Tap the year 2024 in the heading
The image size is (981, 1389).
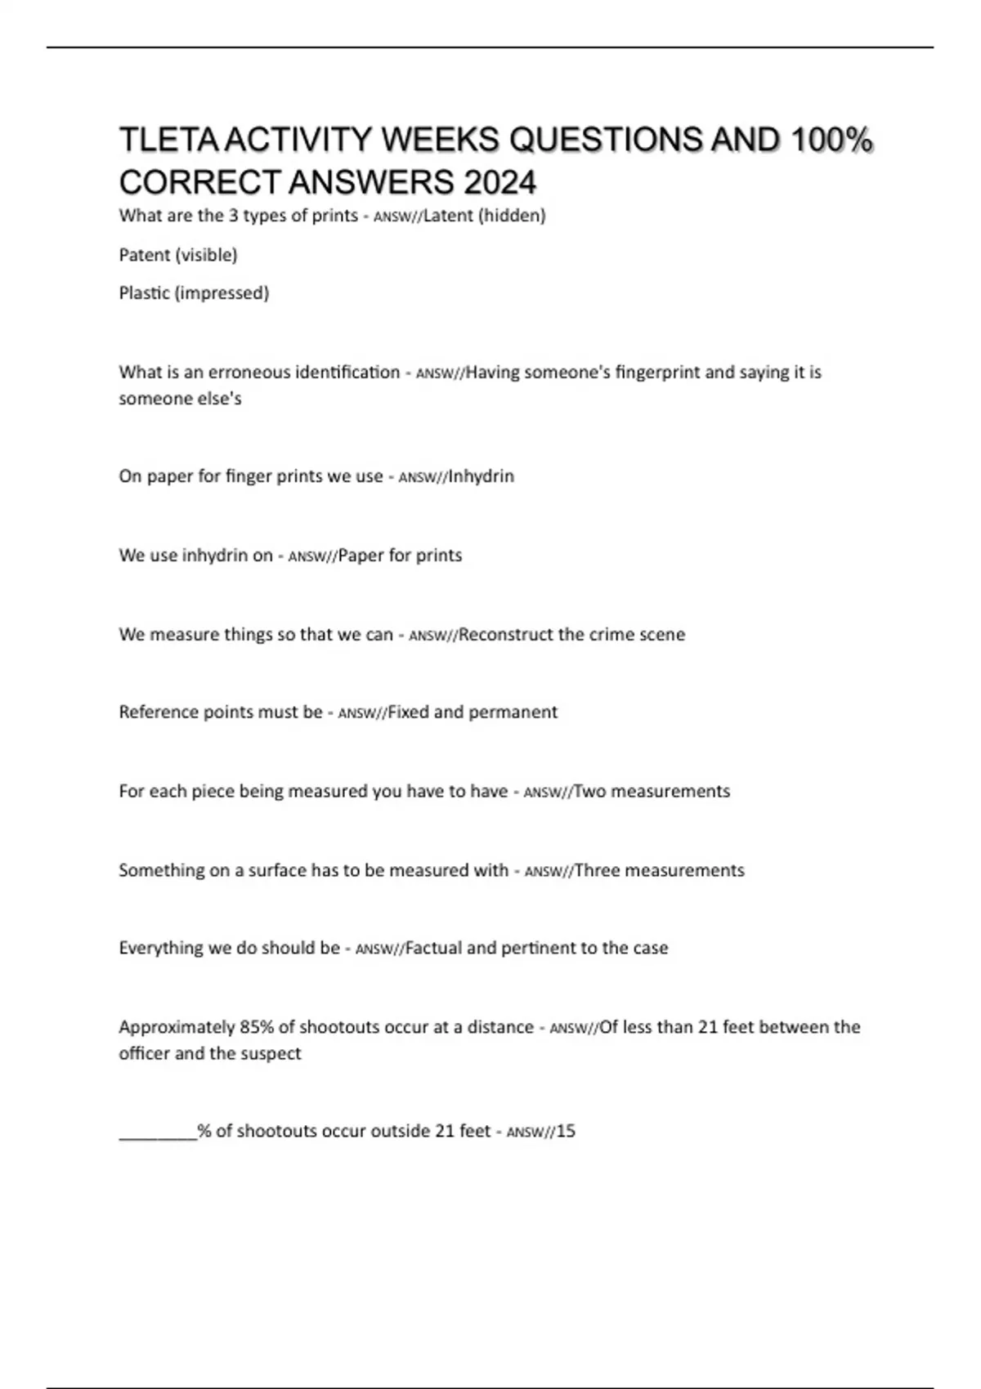[500, 182]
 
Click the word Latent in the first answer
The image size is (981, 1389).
[447, 216]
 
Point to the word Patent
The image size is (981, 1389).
[145, 255]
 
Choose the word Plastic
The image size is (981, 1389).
[144, 293]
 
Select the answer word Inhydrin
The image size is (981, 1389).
[482, 476]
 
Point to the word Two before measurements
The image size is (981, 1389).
[589, 792]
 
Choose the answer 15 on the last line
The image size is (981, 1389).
[566, 1132]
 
